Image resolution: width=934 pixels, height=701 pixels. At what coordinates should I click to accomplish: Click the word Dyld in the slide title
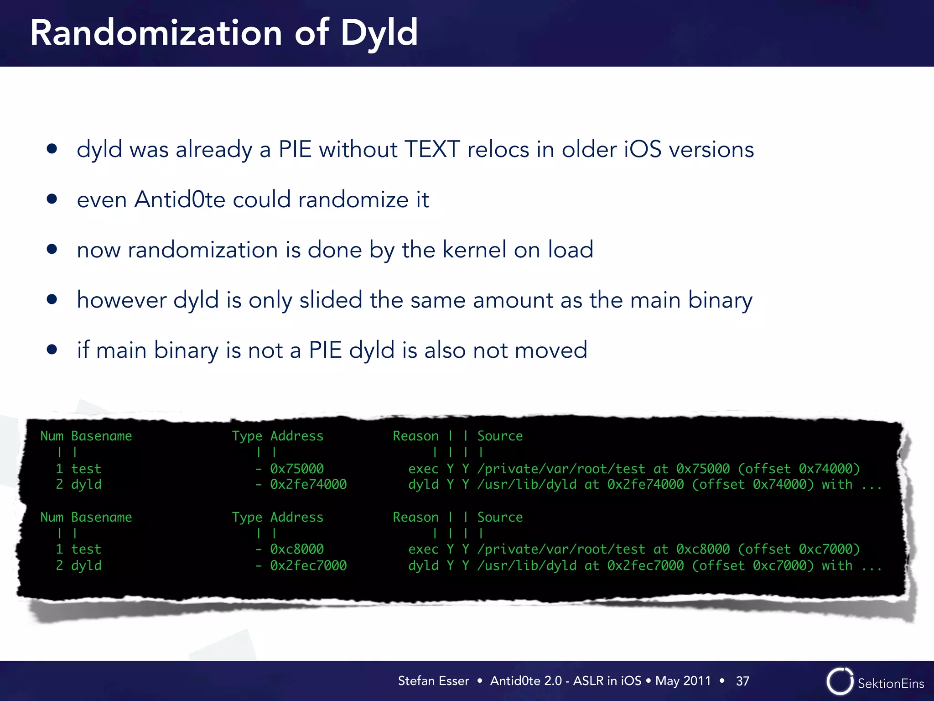point(379,33)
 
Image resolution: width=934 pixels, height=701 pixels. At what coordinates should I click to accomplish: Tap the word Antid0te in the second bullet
point(180,199)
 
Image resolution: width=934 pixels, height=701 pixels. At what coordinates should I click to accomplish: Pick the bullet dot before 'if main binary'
point(52,350)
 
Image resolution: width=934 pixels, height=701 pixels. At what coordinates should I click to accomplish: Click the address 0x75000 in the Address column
point(296,469)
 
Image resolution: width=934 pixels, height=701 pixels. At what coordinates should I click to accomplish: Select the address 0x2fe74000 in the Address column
point(308,484)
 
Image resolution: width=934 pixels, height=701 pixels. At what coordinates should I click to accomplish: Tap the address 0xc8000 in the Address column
point(296,549)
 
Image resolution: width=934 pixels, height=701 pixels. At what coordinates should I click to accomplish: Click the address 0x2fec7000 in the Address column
point(308,565)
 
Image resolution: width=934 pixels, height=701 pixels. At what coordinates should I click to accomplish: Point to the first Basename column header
point(101,436)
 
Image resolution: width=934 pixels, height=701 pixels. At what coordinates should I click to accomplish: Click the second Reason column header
point(415,517)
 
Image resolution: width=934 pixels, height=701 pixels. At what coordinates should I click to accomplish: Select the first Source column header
point(500,436)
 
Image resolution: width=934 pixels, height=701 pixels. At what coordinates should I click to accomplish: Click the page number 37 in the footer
point(742,681)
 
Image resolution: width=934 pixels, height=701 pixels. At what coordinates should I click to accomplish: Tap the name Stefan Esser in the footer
point(433,681)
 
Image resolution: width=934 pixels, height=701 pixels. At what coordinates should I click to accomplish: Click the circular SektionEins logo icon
point(839,681)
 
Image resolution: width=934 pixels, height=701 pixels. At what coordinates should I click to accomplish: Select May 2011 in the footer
point(683,681)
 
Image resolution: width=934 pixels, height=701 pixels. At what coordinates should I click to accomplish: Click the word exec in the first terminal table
point(423,469)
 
